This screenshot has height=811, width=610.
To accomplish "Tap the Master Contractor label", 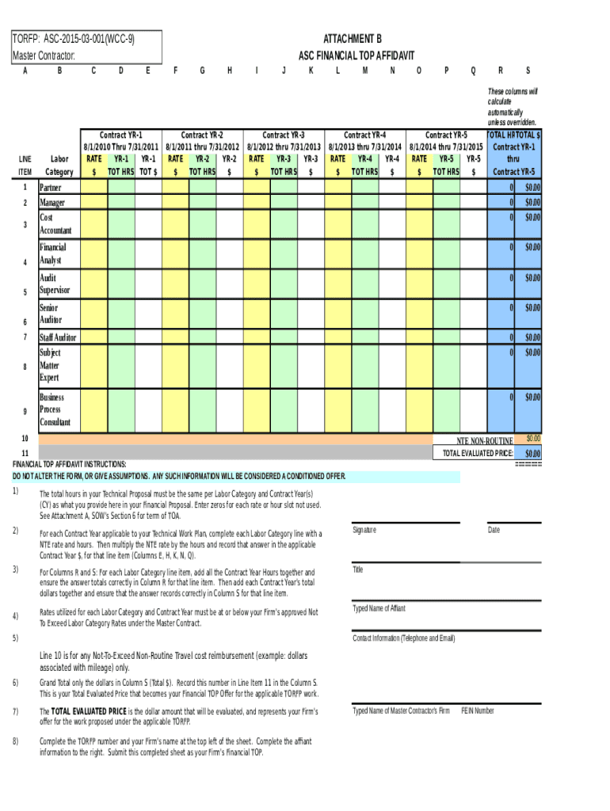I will click(44, 55).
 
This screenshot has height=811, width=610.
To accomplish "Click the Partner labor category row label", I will click(50, 188).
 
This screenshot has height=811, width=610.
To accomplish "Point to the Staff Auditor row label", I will click(58, 337).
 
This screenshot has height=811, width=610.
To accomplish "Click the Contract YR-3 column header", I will click(283, 135).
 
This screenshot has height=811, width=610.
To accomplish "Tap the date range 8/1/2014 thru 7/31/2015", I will click(446, 147).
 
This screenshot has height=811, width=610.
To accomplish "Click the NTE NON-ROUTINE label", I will click(485, 440).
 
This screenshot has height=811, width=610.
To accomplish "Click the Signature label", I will click(364, 530).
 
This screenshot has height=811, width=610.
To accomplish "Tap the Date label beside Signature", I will click(494, 530).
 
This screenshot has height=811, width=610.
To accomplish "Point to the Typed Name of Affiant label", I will click(379, 608).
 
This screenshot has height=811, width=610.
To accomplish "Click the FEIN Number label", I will click(477, 710).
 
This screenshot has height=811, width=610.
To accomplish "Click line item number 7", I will click(25, 337).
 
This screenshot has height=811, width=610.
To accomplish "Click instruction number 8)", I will click(15, 741).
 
